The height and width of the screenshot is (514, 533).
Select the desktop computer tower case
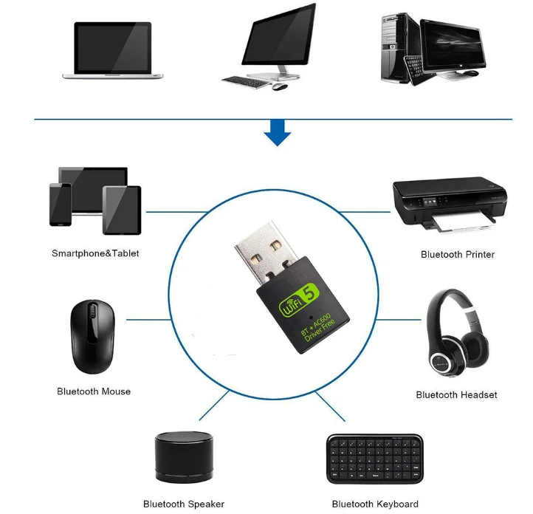tap(399, 47)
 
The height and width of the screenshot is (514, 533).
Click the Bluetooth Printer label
tap(457, 254)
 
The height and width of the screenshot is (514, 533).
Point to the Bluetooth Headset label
tap(456, 395)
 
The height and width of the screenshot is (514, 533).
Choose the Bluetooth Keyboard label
tap(374, 504)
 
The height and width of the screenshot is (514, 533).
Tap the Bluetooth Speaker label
tap(184, 504)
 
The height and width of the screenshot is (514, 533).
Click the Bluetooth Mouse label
tap(94, 391)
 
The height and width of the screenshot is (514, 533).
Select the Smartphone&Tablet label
tap(95, 253)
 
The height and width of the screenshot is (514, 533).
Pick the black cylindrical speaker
tap(184, 457)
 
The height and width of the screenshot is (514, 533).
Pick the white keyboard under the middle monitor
tap(246, 80)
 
